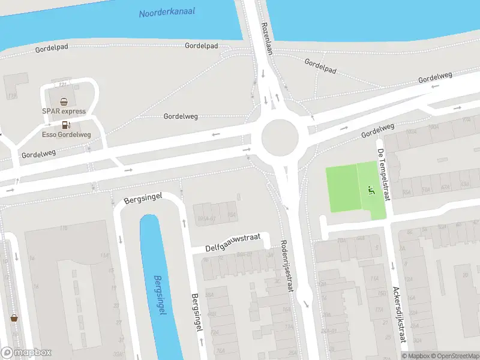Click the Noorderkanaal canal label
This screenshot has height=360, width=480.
tap(167, 13)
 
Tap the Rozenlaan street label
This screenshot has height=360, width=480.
tap(268, 39)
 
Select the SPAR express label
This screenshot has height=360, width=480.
tap(64, 111)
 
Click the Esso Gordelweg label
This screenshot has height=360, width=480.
tap(66, 134)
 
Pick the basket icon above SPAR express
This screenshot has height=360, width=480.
tap(64, 101)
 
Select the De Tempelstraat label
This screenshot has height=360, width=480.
tap(383, 174)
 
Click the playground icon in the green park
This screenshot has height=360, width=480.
tap(370, 191)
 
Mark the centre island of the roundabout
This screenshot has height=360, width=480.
tap(280, 137)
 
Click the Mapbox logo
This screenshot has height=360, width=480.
tap(26, 353)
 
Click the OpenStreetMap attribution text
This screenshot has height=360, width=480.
tap(454, 356)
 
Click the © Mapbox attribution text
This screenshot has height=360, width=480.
tap(416, 356)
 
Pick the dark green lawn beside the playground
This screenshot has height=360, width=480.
tap(342, 189)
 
